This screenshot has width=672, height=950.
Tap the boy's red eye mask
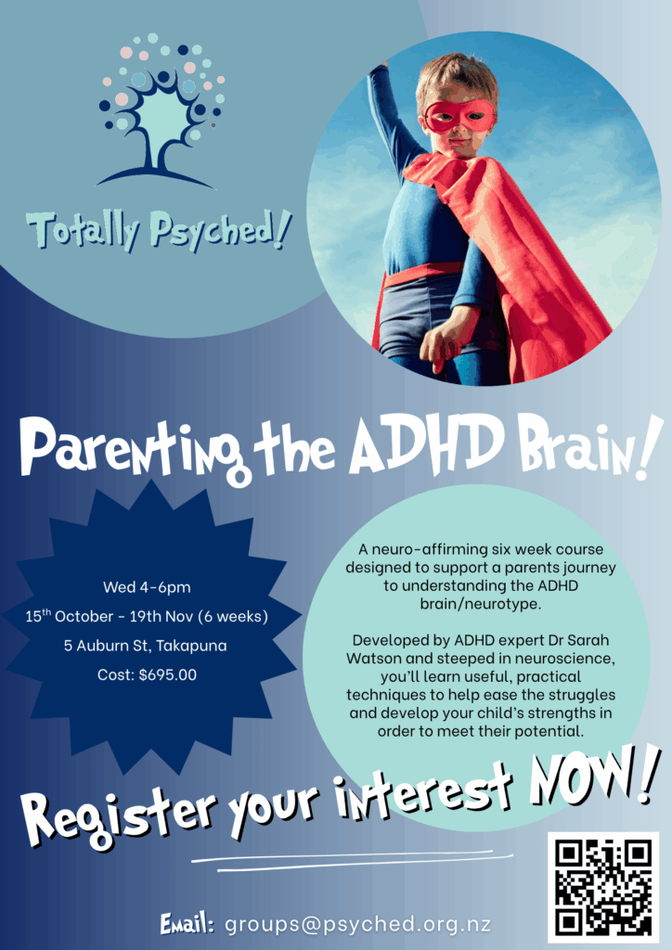coord(459,116)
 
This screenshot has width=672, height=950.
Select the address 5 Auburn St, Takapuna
coord(148,646)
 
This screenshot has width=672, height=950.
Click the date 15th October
coord(72,617)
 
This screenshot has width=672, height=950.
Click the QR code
coord(603,886)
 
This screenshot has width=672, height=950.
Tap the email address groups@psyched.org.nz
coord(357,924)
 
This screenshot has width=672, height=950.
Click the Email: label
coord(187,924)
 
